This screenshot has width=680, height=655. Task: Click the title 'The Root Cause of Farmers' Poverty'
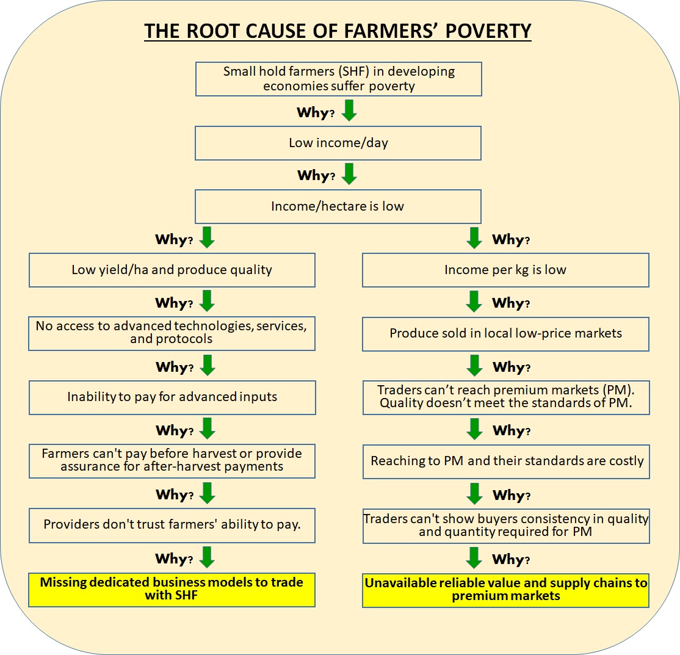338,31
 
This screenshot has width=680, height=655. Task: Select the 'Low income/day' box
338,143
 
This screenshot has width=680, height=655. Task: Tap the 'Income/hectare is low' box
338,206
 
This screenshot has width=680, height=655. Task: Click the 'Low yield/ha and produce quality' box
172,270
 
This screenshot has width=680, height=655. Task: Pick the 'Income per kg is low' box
505,270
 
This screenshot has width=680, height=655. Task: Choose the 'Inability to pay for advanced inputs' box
172,397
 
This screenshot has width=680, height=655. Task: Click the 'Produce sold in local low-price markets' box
505,334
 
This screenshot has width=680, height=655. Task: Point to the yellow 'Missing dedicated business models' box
172,589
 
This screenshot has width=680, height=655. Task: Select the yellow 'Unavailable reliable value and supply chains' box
505,590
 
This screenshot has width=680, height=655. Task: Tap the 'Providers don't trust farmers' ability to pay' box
172,524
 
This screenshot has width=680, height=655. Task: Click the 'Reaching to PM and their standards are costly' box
505,461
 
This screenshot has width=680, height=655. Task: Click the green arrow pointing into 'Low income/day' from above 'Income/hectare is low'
349,174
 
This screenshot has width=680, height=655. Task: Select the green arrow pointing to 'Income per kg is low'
474,238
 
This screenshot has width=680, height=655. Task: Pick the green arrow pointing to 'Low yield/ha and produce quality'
208,238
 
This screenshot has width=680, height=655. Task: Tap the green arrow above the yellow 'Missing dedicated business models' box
208,557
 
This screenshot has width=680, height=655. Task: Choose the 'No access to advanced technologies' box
172,333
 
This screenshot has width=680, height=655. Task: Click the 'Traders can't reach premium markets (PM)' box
505,397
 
